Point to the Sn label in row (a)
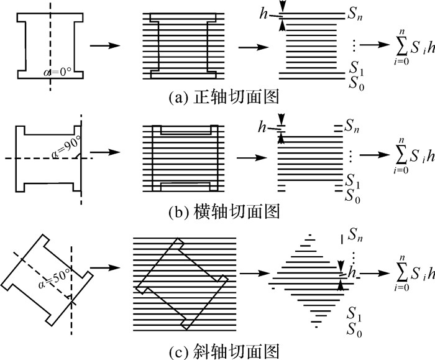click(x=356, y=15)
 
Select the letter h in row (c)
click(x=353, y=271)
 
